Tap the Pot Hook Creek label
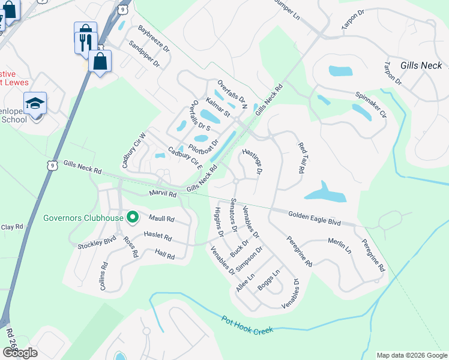point(247,325)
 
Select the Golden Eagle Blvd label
point(314,218)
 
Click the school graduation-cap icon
point(35,103)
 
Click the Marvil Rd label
point(163,194)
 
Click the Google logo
point(20,353)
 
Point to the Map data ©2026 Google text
point(411,355)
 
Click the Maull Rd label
point(161,219)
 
